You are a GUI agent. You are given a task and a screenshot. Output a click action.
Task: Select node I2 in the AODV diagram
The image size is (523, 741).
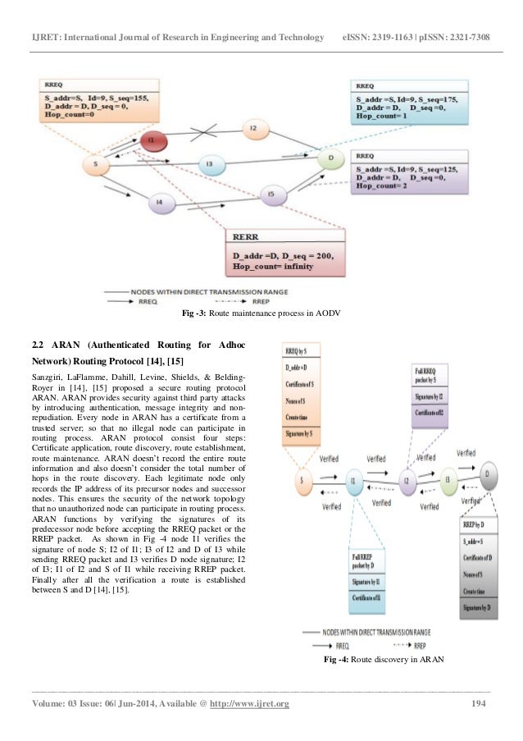254,129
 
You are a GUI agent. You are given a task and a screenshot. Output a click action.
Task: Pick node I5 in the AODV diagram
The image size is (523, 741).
271,194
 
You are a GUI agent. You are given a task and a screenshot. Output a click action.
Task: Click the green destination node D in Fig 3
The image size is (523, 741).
330,156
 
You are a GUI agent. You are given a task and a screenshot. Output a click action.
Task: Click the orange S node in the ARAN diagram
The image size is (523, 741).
302,481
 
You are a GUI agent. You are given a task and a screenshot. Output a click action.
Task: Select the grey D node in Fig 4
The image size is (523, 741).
489,475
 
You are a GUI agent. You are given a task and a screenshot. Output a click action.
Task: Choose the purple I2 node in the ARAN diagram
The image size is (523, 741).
406,480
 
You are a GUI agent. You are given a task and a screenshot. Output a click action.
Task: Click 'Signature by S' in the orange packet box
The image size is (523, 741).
302,431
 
